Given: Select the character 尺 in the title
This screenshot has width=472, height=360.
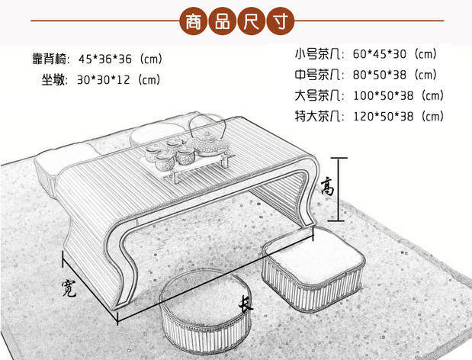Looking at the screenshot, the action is point(252,21).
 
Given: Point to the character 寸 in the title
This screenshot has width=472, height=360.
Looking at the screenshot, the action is point(281,21).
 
